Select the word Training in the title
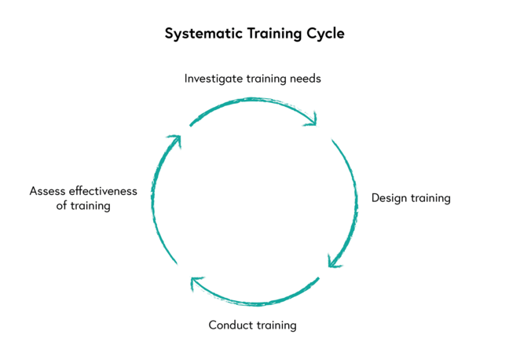pos(273,35)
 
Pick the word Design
pos(390,198)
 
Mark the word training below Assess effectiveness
pos(89,206)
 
